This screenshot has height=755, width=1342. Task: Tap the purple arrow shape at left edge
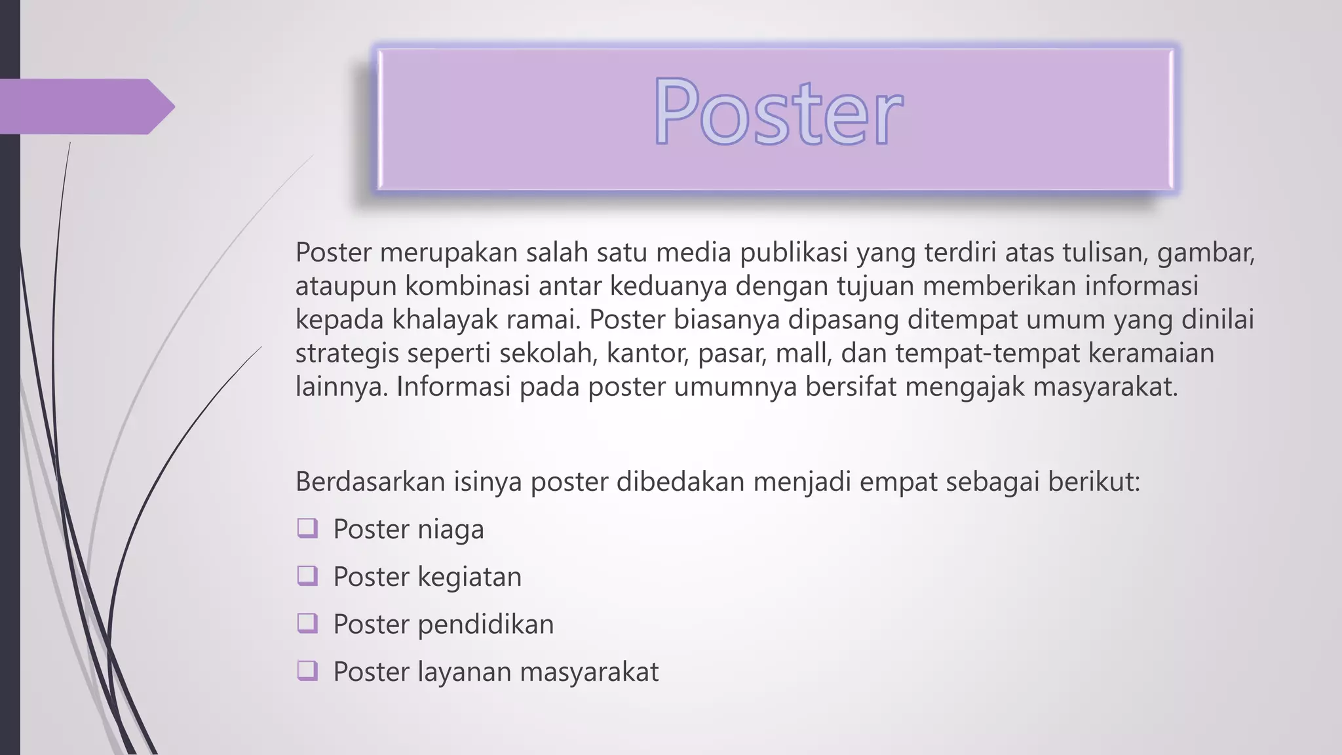click(x=85, y=106)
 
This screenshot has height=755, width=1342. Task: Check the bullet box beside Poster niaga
click(x=307, y=528)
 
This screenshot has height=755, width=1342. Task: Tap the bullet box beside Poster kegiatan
click(x=307, y=576)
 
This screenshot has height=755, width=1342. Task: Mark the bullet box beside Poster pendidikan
click(x=307, y=623)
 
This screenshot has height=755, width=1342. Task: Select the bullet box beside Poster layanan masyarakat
click(x=307, y=671)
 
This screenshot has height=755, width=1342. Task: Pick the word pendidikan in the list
click(x=486, y=624)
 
